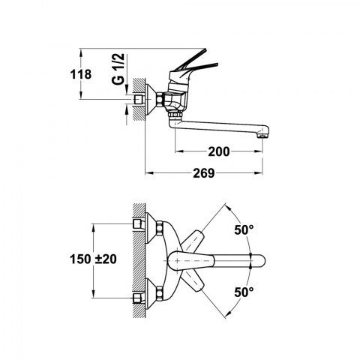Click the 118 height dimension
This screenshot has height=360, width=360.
click(x=81, y=74)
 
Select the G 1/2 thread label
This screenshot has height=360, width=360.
click(x=118, y=69)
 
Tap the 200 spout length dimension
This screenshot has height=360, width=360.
click(x=219, y=151)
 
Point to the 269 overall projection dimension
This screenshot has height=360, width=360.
click(x=204, y=173)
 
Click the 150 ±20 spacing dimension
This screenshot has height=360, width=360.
click(x=93, y=259)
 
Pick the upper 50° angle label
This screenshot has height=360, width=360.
click(x=244, y=229)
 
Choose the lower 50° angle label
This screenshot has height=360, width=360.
click(x=244, y=292)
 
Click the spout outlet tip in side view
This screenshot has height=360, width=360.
click(x=264, y=135)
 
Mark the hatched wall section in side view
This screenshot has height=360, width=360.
click(x=139, y=100)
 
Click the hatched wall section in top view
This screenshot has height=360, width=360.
click(x=139, y=261)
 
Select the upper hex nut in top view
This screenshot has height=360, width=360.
click(x=159, y=228)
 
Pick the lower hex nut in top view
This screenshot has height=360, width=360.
click(x=159, y=293)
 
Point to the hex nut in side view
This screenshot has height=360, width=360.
click(x=160, y=99)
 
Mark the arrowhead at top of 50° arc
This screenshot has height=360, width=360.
click(x=226, y=207)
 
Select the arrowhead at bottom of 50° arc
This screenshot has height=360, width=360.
click(x=227, y=314)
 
